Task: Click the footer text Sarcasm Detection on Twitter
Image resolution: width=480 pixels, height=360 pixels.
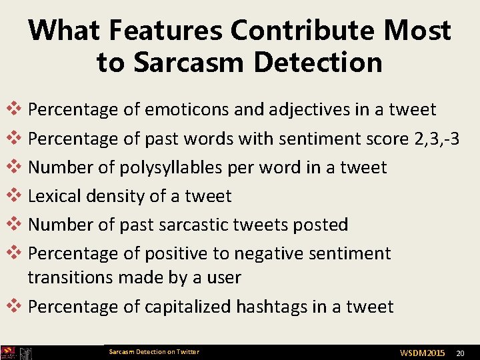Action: [x=153, y=352]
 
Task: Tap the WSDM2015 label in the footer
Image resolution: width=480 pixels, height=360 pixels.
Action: [x=422, y=352]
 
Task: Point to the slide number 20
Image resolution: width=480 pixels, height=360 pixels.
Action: [x=459, y=352]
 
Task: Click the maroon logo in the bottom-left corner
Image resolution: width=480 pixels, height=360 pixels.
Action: [x=9, y=353]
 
